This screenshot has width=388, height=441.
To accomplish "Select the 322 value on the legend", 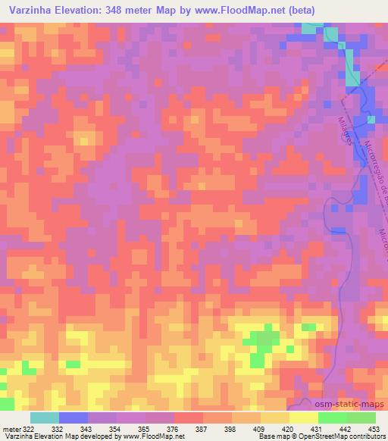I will pos(27,429).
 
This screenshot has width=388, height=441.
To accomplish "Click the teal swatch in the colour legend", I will pos(45,418).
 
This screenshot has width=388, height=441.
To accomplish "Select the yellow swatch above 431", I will pos(303,418).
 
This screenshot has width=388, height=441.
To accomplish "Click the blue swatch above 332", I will pos(74,418).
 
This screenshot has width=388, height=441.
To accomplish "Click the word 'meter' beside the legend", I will pos(9,429).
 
